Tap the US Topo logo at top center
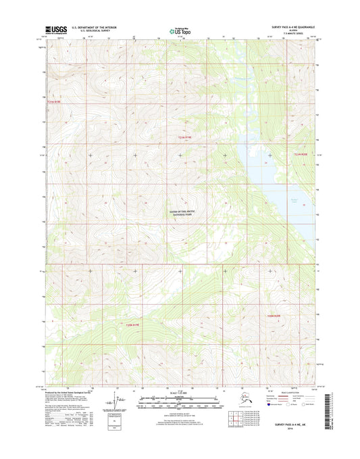click(180, 30)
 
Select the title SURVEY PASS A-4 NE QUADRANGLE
click(282, 28)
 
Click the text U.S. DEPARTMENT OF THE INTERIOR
click(89, 28)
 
